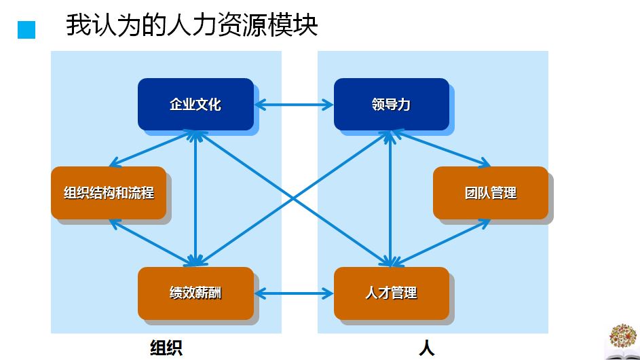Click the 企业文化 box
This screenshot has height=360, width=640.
tap(195, 104)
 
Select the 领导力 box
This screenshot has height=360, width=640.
tap(391, 104)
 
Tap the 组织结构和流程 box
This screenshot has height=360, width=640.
tap(109, 193)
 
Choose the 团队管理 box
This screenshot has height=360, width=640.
tap(490, 193)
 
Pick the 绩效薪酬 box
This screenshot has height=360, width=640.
tap(195, 293)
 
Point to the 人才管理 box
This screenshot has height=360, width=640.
tap(391, 293)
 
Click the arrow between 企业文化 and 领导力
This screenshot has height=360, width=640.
tap(294, 105)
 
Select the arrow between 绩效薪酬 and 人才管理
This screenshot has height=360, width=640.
tap(294, 293)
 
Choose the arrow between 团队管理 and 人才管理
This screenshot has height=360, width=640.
tap(441, 240)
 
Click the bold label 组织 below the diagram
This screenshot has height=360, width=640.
tap(166, 348)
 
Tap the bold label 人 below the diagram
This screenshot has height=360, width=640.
tap(426, 348)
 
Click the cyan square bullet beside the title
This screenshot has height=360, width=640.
tap(26, 30)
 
